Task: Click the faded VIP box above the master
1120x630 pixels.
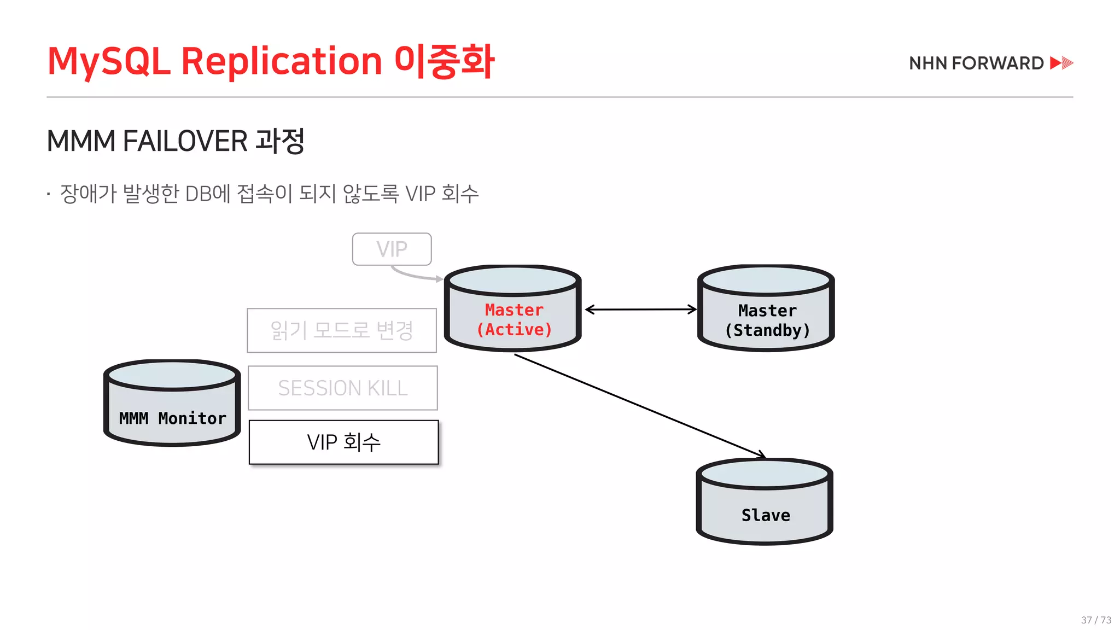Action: [392, 249]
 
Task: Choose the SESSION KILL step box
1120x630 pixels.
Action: [343, 388]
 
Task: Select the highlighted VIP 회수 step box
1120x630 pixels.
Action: [343, 442]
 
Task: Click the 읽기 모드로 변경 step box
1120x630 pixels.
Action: [342, 330]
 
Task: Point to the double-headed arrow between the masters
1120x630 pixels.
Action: [641, 310]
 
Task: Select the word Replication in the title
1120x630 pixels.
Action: [281, 61]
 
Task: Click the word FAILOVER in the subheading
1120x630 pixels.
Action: [185, 141]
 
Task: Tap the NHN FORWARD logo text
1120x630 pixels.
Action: [976, 63]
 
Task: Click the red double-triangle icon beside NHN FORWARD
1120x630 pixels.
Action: [1061, 63]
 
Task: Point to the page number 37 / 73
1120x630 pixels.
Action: [1096, 620]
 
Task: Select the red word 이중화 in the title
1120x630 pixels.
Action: [444, 61]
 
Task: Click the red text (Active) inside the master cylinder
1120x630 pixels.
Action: [514, 330]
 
